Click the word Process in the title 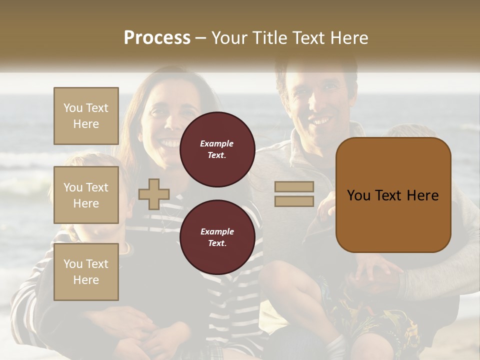[x=157, y=38]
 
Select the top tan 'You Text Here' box [x=86, y=116]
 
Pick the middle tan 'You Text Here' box [x=86, y=195]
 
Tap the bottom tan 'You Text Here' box [x=86, y=272]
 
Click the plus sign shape [x=154, y=194]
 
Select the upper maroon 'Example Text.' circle [x=217, y=149]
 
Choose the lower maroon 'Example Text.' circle [x=217, y=237]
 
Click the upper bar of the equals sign [x=294, y=186]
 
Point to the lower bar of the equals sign [x=294, y=201]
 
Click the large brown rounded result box [x=393, y=195]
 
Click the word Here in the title [x=349, y=38]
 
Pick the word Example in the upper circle [x=217, y=143]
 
